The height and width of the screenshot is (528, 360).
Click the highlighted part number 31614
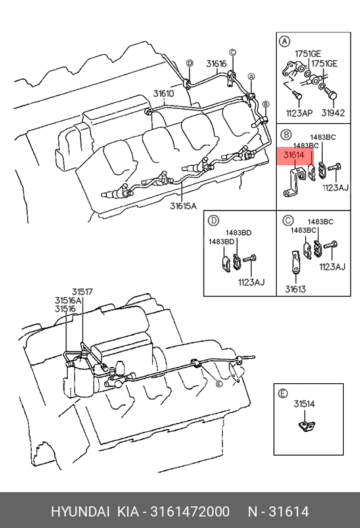(x=294, y=155)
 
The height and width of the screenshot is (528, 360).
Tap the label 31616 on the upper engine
(x=217, y=64)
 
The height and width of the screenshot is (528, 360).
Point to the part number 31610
(x=164, y=93)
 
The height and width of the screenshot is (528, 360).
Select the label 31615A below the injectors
(x=183, y=205)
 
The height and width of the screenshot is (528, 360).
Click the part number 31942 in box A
(x=333, y=113)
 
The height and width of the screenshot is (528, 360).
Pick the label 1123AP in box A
(x=299, y=113)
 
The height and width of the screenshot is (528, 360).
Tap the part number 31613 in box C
(x=295, y=289)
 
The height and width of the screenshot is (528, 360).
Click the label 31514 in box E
(x=304, y=403)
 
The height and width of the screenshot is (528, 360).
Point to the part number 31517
(x=82, y=292)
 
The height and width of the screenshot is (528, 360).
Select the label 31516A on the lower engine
(x=68, y=300)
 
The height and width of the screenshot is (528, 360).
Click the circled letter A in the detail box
(x=285, y=41)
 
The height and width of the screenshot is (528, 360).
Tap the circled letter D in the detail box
(x=214, y=221)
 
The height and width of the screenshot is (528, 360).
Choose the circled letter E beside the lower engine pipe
(x=219, y=384)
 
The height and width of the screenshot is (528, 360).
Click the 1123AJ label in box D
(x=252, y=282)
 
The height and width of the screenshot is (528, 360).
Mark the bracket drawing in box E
(x=307, y=426)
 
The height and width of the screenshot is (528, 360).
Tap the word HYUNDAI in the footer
(x=80, y=512)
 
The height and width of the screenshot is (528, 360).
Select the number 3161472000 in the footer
(x=190, y=512)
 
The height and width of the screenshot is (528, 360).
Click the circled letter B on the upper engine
(x=265, y=104)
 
